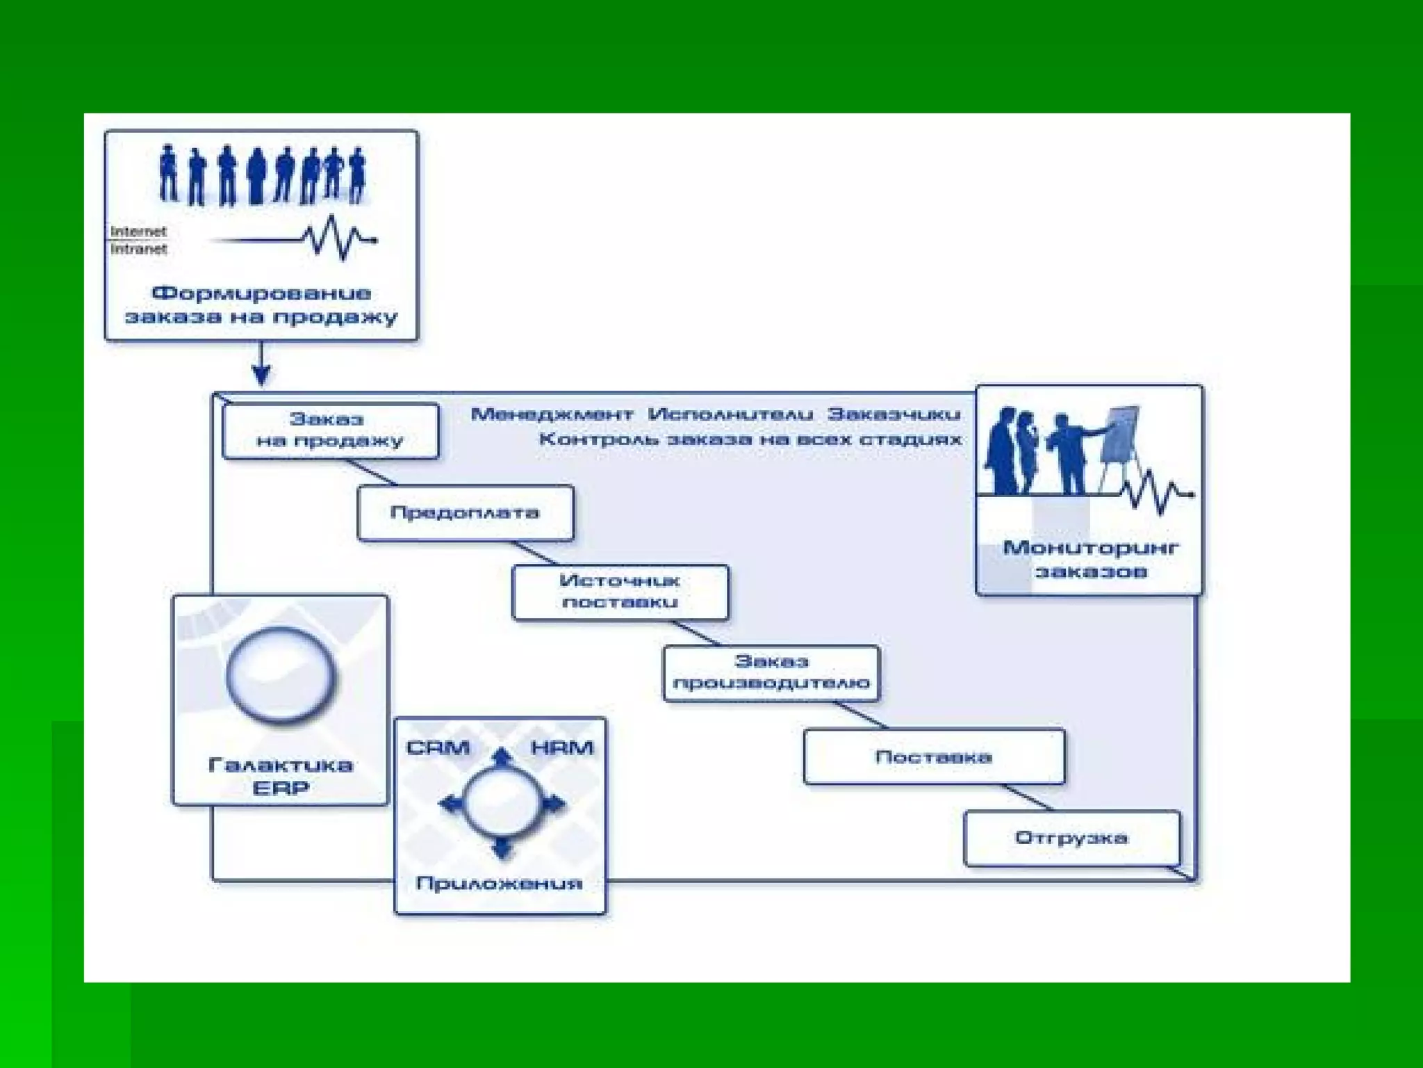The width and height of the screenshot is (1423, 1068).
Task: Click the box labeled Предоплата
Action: pos(465,513)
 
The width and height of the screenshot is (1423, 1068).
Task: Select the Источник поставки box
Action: pos(620,592)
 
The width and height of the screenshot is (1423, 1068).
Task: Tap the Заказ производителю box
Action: pos(771,672)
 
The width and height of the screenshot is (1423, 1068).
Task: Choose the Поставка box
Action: pos(933,756)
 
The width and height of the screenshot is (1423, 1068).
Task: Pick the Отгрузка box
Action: pos(1071,838)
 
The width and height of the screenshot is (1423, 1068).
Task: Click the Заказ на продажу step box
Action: pos(330,430)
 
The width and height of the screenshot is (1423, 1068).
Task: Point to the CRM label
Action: pos(438,748)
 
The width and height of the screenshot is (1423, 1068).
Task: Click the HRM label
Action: pos(562,748)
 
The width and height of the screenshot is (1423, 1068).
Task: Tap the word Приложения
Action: pos(499,884)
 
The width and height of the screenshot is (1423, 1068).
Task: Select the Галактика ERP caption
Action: pos(280,777)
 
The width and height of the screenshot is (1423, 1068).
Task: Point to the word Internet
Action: pos(138,232)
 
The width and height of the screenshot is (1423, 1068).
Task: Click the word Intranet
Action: pos(138,249)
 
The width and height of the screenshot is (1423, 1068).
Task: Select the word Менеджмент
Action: pos(552,415)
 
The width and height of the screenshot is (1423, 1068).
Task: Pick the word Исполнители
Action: pos(730,415)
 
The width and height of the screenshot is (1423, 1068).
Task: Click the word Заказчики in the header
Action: pos(894,415)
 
